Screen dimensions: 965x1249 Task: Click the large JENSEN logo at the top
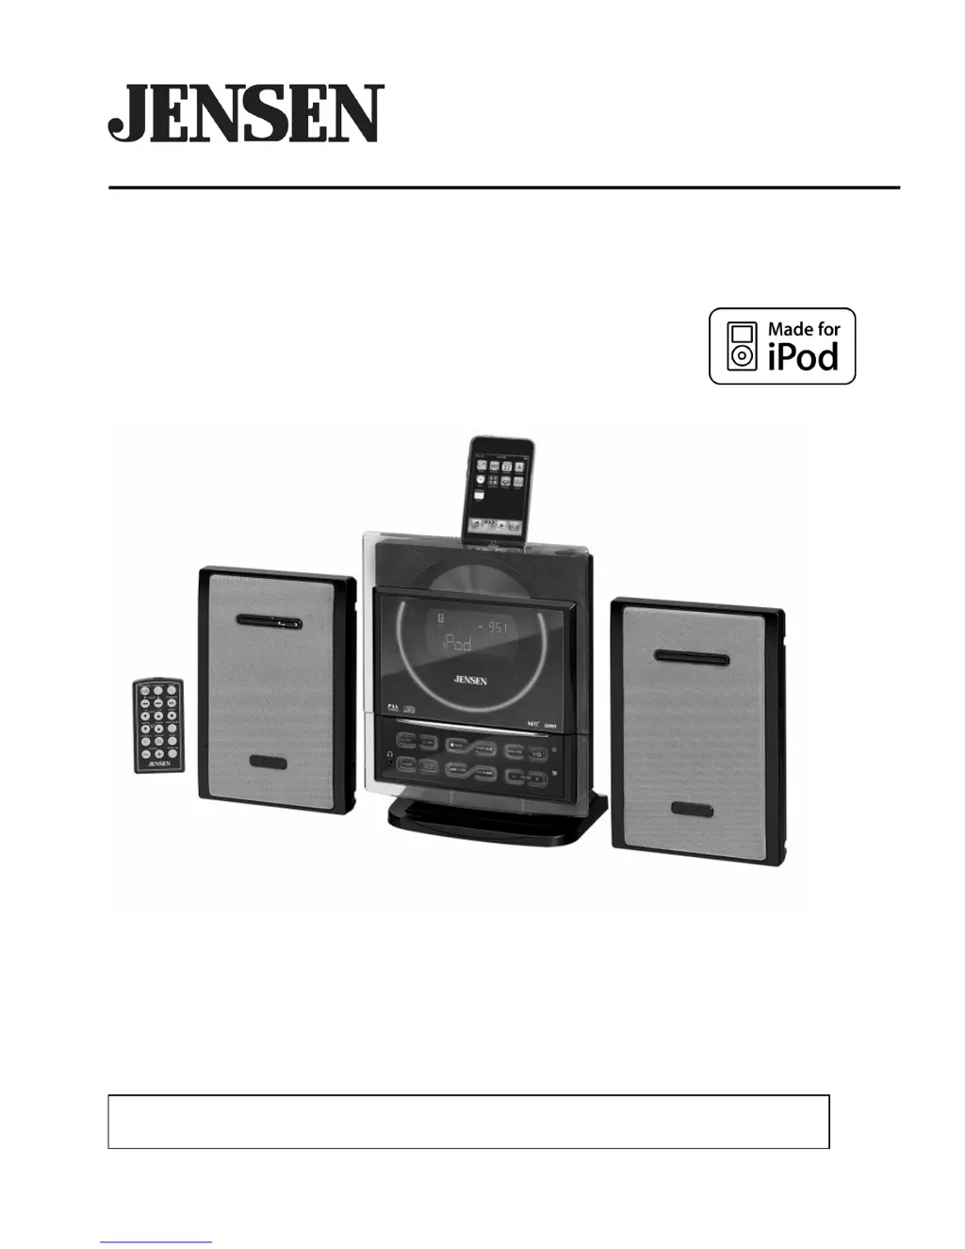[246, 114]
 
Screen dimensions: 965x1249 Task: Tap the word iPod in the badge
[803, 358]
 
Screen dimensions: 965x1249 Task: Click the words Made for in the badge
[804, 329]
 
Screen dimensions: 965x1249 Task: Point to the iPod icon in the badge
[743, 346]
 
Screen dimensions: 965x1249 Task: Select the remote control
[157, 725]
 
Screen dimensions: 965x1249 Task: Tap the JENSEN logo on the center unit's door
[470, 680]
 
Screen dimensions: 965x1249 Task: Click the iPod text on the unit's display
[456, 643]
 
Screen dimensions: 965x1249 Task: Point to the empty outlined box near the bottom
[468, 1121]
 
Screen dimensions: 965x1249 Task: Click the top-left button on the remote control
[145, 692]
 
